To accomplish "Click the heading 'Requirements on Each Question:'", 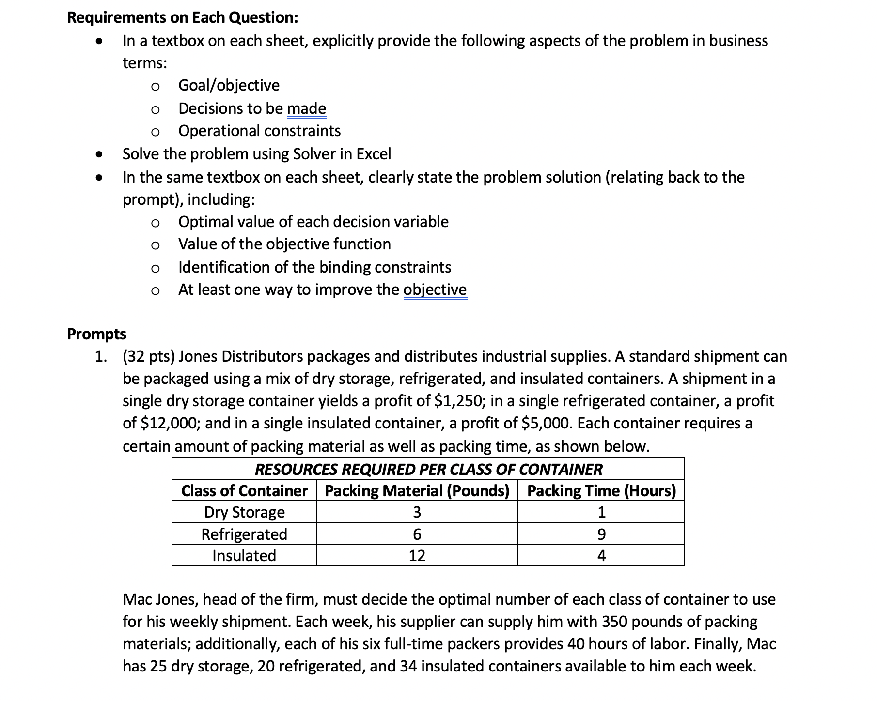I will [183, 17].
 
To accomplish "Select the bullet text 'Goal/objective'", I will [229, 85].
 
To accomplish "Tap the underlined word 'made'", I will [306, 108].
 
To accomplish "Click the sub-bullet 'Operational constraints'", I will [259, 131].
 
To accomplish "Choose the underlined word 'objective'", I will [435, 290].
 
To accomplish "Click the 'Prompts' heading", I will [96, 334].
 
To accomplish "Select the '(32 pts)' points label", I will [149, 356].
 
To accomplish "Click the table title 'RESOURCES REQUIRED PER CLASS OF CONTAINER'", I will [428, 469].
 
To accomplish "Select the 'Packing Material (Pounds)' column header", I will [417, 491].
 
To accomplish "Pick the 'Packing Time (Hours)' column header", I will [601, 491].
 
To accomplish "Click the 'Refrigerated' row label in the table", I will [244, 534].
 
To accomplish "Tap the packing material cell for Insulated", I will [417, 555].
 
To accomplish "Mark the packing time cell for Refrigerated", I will [601, 534].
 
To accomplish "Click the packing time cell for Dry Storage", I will [601, 512].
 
